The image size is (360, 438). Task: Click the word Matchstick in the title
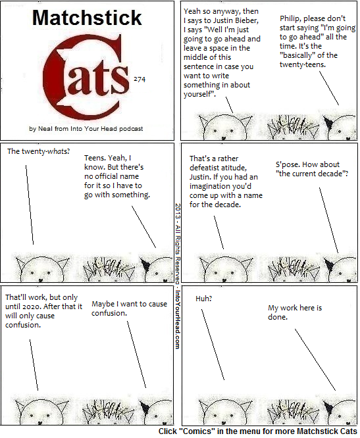pyautogui.click(x=87, y=18)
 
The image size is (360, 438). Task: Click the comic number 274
pyautogui.click(x=140, y=80)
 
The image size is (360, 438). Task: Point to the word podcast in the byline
pyautogui.click(x=131, y=129)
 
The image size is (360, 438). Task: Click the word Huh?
pyautogui.click(x=204, y=299)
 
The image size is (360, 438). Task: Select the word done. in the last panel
pyautogui.click(x=278, y=317)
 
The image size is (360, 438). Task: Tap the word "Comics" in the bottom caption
pyautogui.click(x=198, y=431)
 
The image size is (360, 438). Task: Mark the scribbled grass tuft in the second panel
pyautogui.click(x=293, y=127)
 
